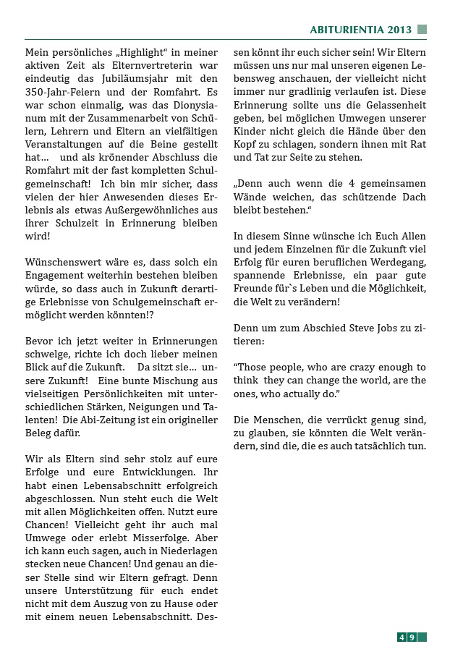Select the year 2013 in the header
tap(399, 30)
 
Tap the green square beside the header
tap(422, 30)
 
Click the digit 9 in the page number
tap(411, 637)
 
